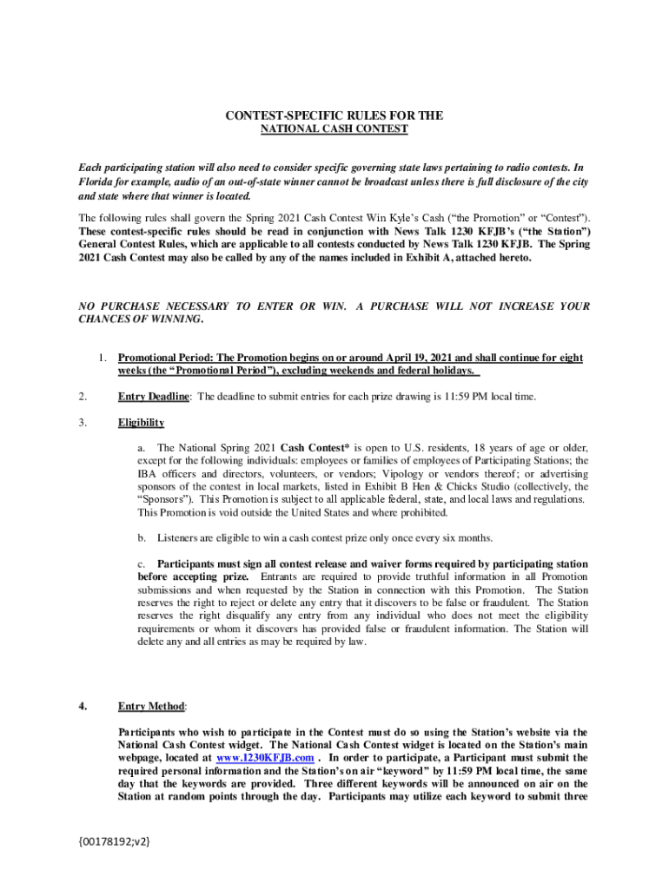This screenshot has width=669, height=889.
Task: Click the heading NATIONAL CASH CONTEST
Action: [334, 129]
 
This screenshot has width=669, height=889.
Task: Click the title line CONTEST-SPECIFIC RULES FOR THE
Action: [334, 115]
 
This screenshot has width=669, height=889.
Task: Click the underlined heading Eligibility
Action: [141, 423]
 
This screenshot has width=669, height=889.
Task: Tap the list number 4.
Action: [83, 707]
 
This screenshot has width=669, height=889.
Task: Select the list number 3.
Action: [82, 423]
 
